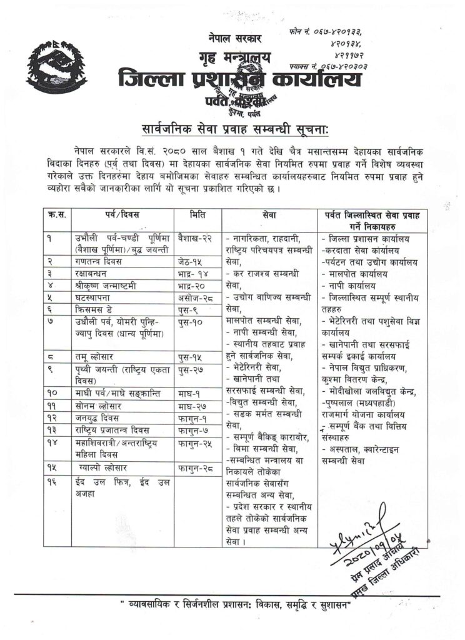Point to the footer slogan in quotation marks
click(237, 607)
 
